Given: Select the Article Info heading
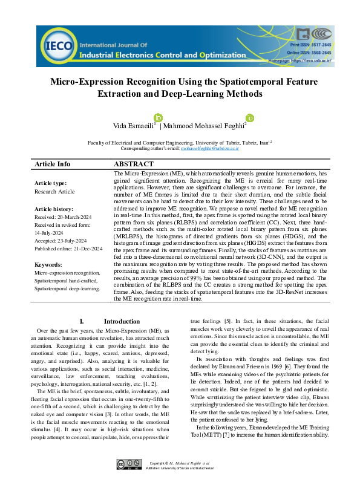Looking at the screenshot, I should (53, 164).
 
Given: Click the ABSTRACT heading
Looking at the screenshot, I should (134, 164).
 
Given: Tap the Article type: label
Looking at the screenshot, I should (50, 183).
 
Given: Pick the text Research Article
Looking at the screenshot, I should (54, 192).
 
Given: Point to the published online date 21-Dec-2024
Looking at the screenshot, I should (81, 248).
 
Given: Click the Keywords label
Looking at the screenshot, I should (48, 265).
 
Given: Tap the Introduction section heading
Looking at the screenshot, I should (122, 321).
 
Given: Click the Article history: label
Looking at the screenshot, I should (53, 209).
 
